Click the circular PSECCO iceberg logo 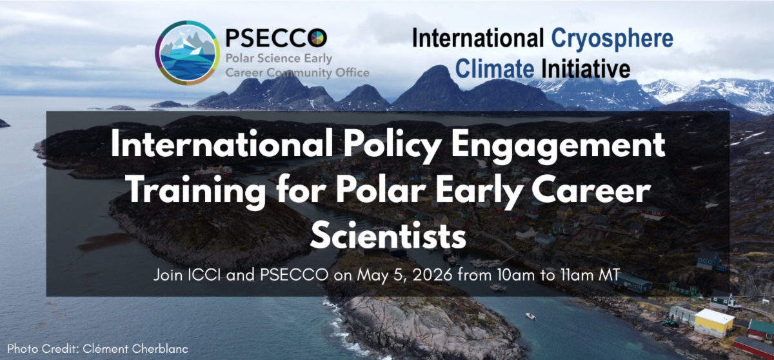tap(187, 52)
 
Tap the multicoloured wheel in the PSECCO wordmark tap(318, 38)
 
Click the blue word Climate tap(495, 68)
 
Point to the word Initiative tap(586, 68)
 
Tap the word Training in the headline tap(197, 192)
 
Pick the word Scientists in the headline tap(388, 236)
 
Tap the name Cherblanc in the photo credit tap(160, 349)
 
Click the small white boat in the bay tap(531, 315)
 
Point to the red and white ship tap(213, 170)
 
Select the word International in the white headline tap(222, 145)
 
